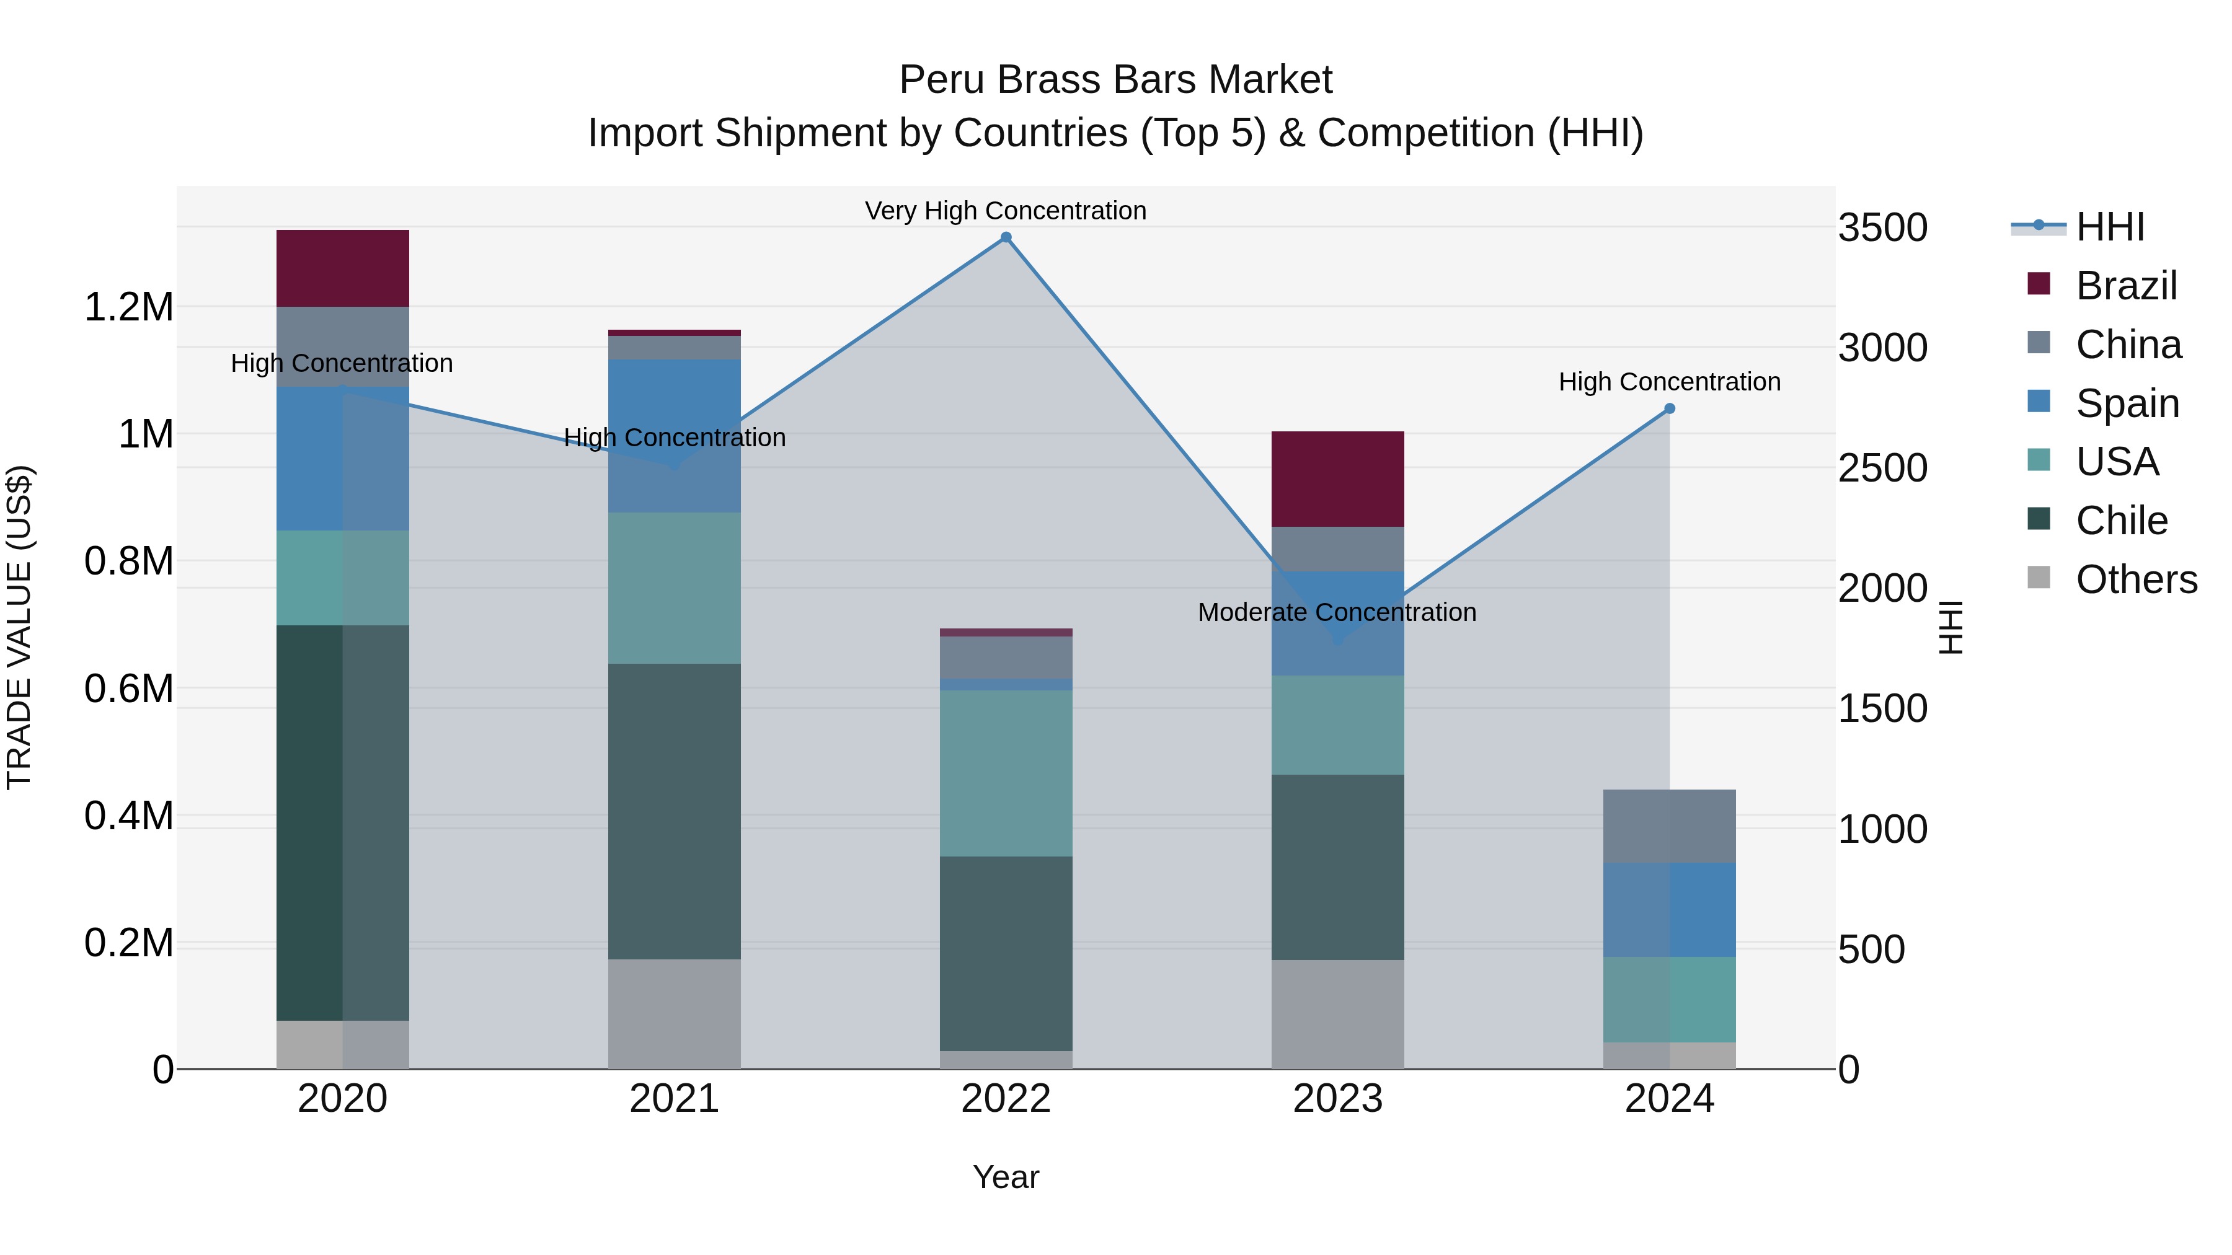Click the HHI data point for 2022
click(x=1006, y=237)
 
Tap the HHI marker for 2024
click(x=1670, y=409)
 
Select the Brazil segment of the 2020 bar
click(x=342, y=268)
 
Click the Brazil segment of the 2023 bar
click(x=1337, y=479)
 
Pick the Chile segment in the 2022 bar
click(x=1006, y=953)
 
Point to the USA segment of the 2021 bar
click(x=674, y=588)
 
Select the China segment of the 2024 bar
click(x=1670, y=826)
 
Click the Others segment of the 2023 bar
click(x=1337, y=1013)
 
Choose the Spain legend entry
click(x=2127, y=403)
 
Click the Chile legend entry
click(x=2121, y=521)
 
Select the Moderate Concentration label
click(x=1337, y=612)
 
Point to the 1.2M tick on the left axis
click(x=128, y=307)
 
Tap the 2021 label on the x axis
click(x=674, y=1099)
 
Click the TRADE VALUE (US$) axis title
click(x=20, y=627)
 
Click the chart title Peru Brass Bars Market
click(x=1115, y=80)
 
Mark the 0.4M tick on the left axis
click(x=128, y=816)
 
